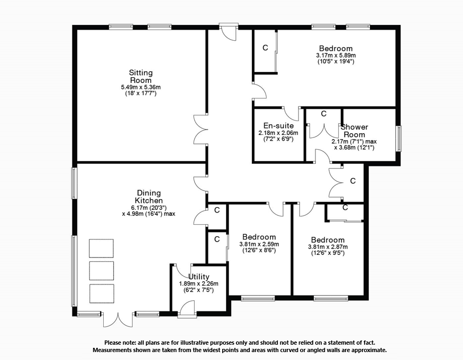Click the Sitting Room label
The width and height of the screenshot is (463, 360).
point(141,77)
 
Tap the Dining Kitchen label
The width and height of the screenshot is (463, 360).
point(149,197)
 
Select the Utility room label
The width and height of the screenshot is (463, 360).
point(199,276)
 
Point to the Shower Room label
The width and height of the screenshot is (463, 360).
point(354,131)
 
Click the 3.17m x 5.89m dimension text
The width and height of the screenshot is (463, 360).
point(335,56)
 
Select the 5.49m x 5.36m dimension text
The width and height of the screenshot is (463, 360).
point(141,87)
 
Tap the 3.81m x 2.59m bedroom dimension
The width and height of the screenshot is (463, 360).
point(259,244)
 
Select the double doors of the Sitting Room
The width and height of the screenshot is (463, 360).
point(201,129)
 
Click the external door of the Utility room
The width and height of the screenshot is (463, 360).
point(187,310)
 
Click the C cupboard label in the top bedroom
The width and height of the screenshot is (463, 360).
point(265,48)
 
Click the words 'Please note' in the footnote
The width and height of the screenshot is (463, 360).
point(121,343)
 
